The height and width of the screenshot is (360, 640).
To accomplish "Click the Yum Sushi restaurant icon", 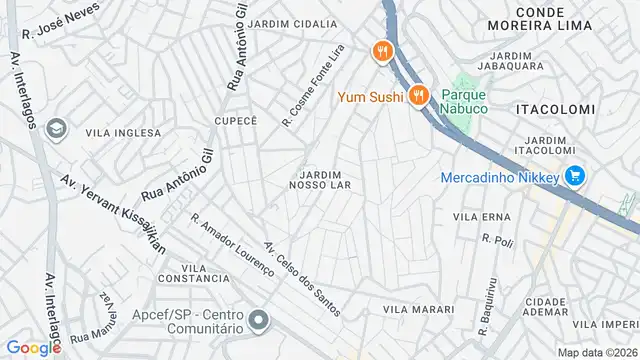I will (418, 96).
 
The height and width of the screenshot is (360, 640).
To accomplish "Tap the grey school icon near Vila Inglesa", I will (57, 128).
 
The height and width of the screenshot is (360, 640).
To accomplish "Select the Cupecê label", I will (236, 120).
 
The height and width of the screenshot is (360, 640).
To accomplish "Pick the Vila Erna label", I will (482, 216).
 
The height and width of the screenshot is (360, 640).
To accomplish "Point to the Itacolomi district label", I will (556, 108).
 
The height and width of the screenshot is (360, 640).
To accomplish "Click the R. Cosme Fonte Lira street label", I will (313, 86).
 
